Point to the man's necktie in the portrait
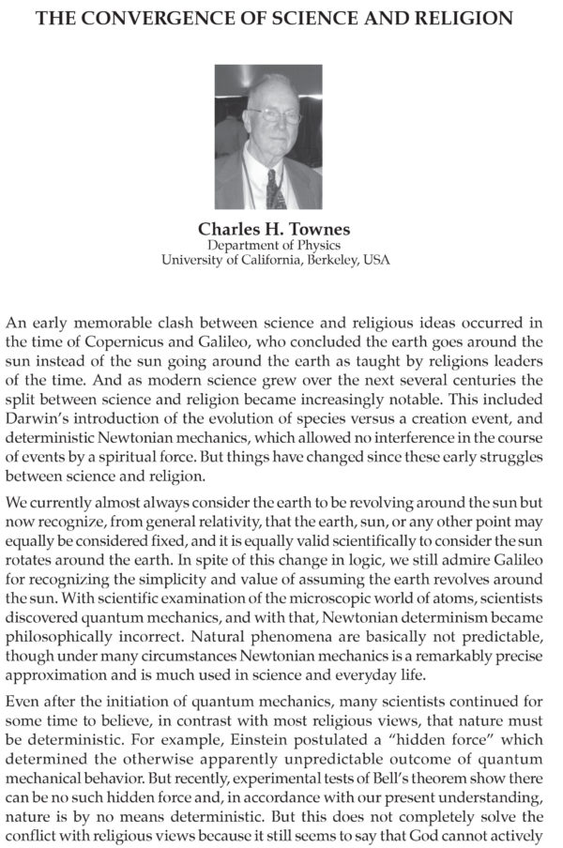tap(274, 187)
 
